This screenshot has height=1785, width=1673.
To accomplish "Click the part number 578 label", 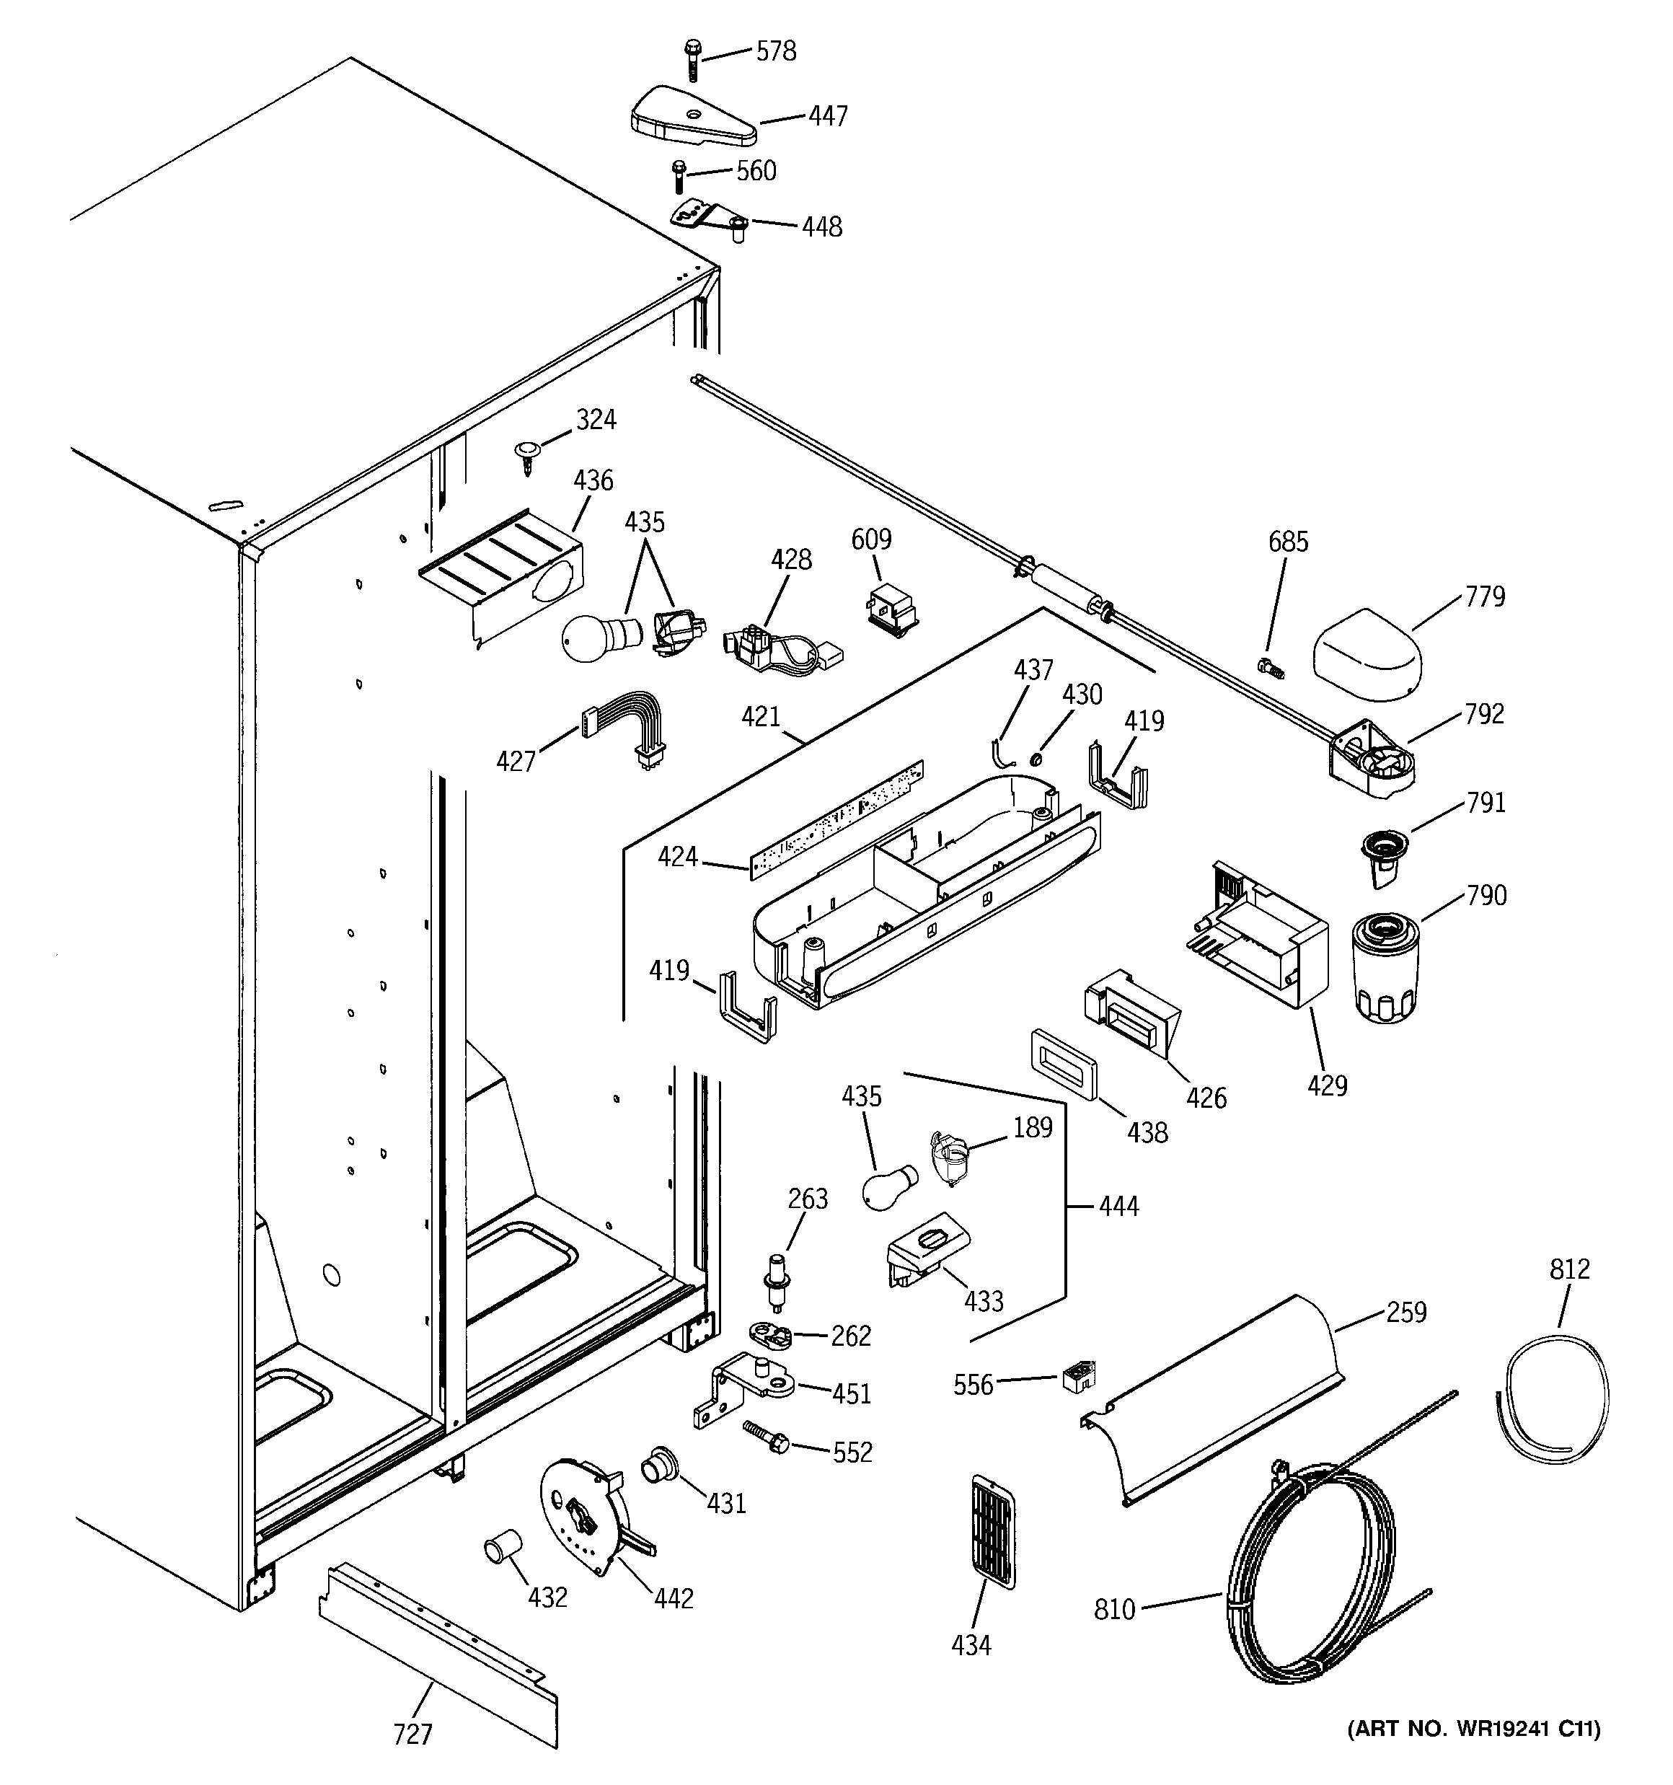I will pos(776,52).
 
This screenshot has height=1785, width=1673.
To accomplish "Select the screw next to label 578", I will pos(692,58).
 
